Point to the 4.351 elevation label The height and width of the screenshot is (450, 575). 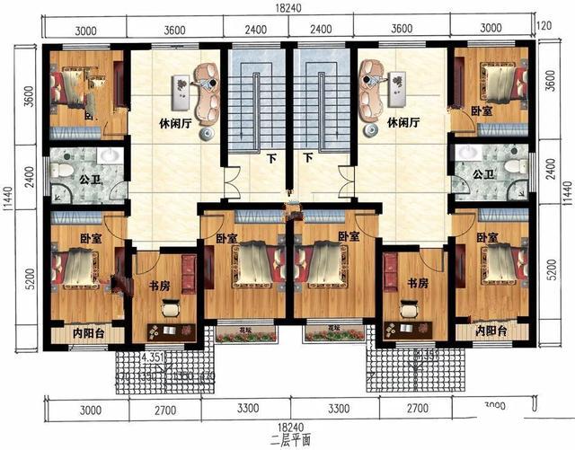(155, 357)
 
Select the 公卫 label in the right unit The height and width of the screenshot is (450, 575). (482, 174)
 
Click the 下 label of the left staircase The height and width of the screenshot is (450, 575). (270, 158)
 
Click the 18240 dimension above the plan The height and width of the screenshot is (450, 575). (287, 7)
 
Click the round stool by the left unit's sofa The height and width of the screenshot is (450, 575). (207, 135)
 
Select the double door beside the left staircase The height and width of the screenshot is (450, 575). (232, 183)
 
